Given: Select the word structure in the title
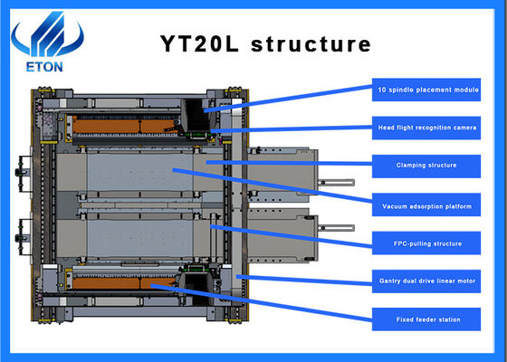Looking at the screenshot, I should coord(315,43).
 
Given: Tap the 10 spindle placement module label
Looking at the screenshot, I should coord(426,90).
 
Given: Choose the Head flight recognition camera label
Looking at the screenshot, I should coord(426,128).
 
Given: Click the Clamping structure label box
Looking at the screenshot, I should coord(426,166).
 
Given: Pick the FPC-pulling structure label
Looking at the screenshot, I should coord(426,243).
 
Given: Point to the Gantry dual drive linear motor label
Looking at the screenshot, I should coord(426,281).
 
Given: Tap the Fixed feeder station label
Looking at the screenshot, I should coord(426,319).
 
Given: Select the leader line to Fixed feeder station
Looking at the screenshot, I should coord(272,303).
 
